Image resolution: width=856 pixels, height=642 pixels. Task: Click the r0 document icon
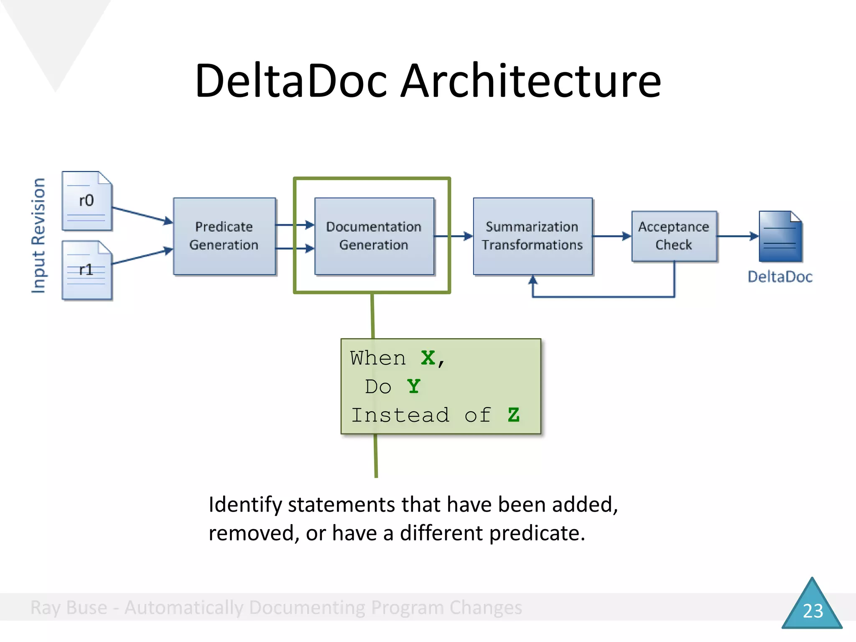(x=87, y=201)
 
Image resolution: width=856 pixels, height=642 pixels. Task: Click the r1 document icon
(x=87, y=270)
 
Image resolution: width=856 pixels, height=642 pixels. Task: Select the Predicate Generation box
(x=224, y=236)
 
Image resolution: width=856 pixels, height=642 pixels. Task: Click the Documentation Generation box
(x=374, y=236)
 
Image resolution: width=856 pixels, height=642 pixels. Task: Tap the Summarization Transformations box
(x=532, y=236)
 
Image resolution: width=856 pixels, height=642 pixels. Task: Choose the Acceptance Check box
(x=674, y=236)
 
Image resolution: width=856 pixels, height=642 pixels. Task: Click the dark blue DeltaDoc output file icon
(x=780, y=237)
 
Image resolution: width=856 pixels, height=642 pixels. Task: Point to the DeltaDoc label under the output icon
(x=780, y=277)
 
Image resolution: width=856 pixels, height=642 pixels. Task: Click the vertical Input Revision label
(x=38, y=236)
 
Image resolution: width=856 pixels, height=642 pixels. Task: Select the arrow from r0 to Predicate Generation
(x=142, y=214)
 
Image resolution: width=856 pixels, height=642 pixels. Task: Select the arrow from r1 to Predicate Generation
(x=142, y=256)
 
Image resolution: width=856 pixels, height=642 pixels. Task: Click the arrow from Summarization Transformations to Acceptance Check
(x=611, y=236)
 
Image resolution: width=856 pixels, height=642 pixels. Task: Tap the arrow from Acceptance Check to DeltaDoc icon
(x=737, y=236)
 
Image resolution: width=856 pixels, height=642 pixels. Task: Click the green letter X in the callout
(x=428, y=358)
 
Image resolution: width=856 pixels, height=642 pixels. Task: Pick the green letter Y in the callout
(x=413, y=387)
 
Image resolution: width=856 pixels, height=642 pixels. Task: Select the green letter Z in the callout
(x=513, y=415)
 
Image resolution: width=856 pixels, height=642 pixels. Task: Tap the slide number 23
(x=813, y=611)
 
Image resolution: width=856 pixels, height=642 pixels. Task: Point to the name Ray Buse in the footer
(x=69, y=608)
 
